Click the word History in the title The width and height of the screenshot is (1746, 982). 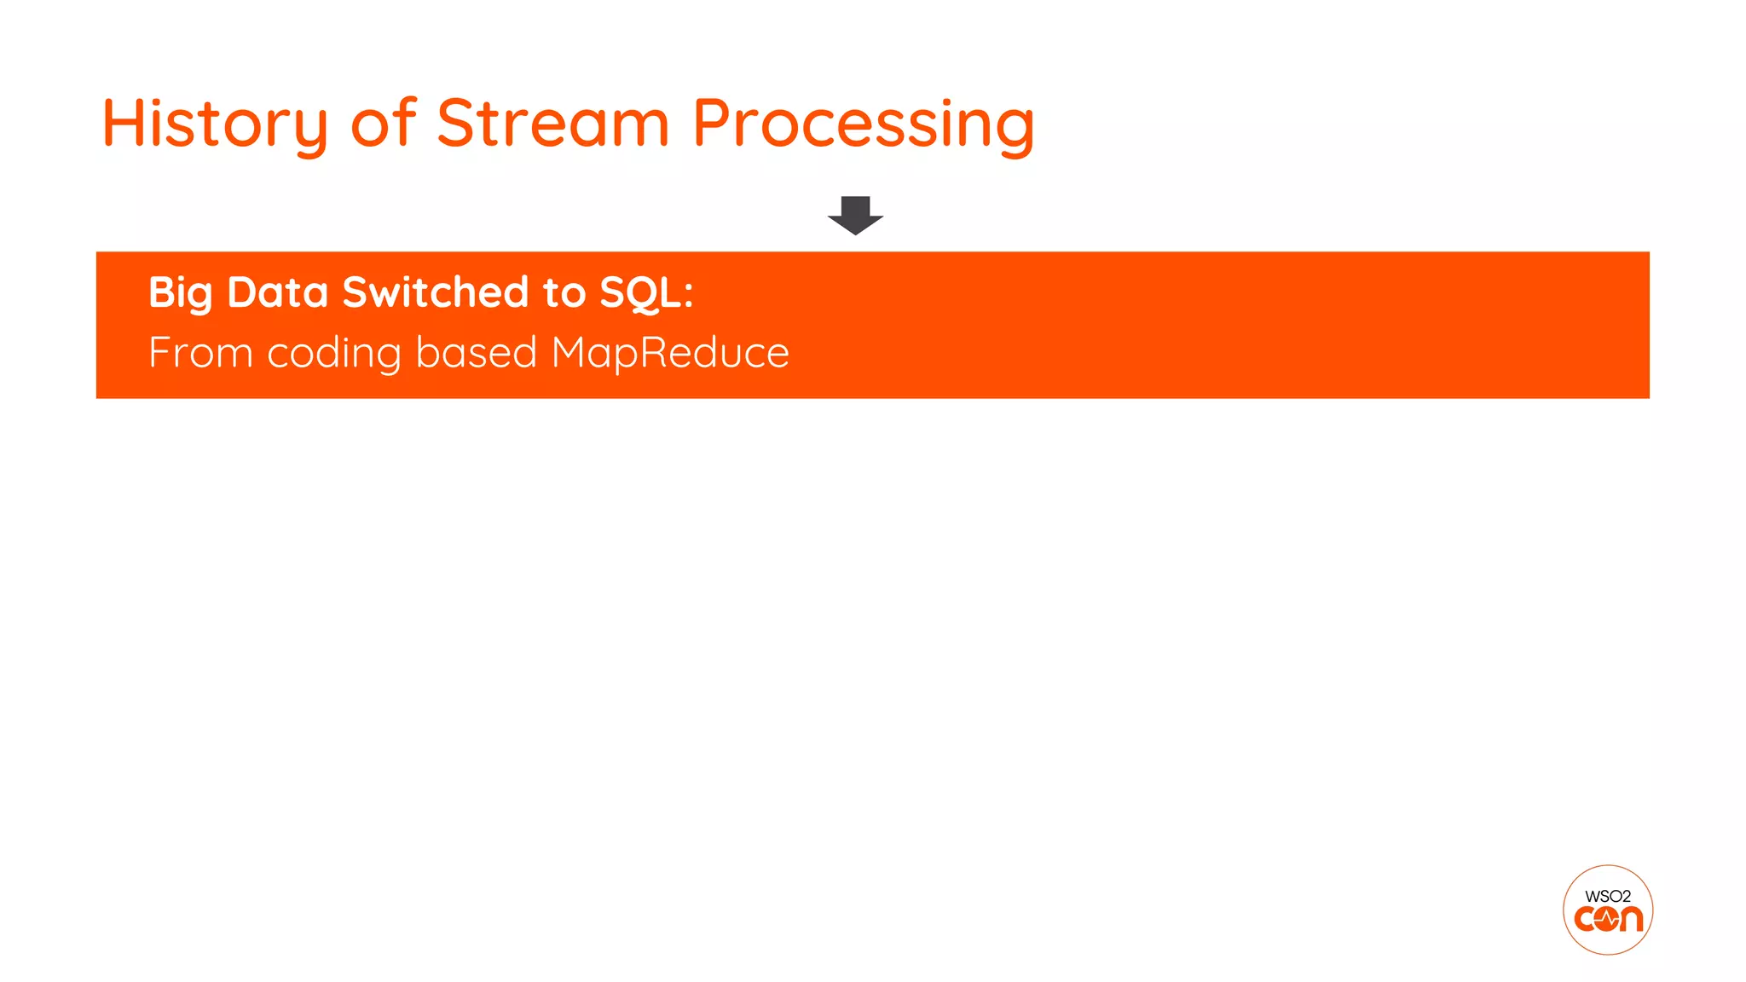(214, 124)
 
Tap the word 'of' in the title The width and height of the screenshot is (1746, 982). (384, 123)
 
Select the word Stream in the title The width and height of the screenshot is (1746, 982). (552, 123)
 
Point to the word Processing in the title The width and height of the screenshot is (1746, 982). (863, 124)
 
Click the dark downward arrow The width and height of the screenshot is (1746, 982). (855, 215)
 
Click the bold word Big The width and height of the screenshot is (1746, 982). (180, 293)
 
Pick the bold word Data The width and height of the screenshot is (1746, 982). (277, 292)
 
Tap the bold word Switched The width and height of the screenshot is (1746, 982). (435, 292)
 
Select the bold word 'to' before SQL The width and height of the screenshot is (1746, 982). (564, 293)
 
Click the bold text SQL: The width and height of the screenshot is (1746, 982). (646, 293)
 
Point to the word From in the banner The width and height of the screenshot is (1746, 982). (200, 353)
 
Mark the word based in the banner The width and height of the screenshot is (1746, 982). (476, 353)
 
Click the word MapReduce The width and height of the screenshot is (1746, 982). (670, 353)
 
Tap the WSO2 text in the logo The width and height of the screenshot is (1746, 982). (1607, 896)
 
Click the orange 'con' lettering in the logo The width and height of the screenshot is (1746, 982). (1608, 919)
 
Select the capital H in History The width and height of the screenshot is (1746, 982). (119, 123)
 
